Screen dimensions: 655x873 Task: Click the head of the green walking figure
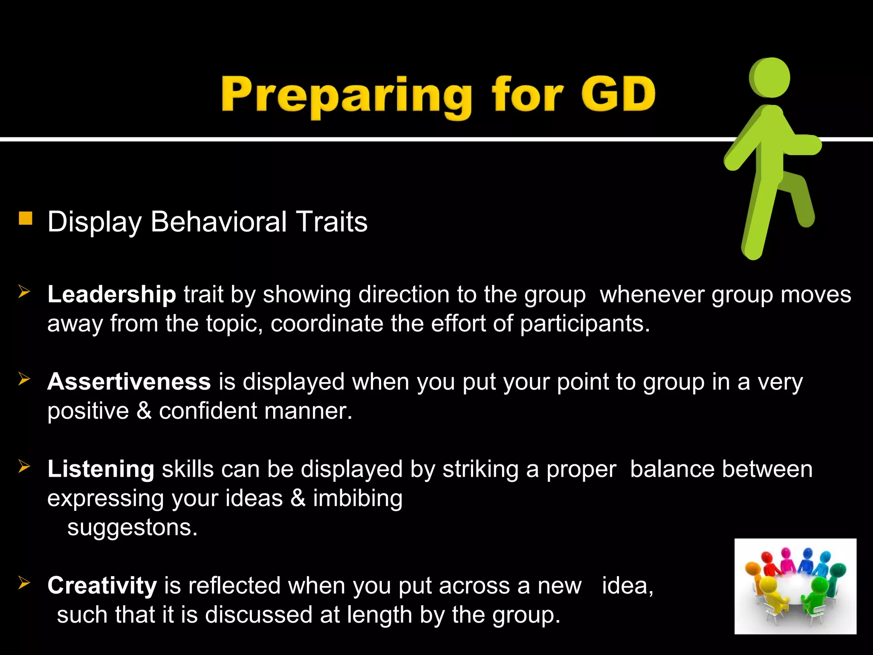pyautogui.click(x=770, y=78)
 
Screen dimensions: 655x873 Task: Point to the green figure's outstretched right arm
pyautogui.click(x=801, y=145)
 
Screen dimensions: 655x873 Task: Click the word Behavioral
pyautogui.click(x=218, y=222)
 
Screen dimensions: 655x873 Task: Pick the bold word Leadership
pyautogui.click(x=112, y=294)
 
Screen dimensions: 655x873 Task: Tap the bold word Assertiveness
pyautogui.click(x=129, y=381)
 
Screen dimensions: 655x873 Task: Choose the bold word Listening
pyautogui.click(x=101, y=469)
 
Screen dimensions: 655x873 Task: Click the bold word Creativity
pyautogui.click(x=102, y=585)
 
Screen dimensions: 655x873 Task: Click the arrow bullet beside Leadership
pyautogui.click(x=24, y=292)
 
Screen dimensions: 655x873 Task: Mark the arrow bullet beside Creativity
pyautogui.click(x=24, y=583)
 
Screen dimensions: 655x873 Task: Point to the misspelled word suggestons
pyautogui.click(x=132, y=527)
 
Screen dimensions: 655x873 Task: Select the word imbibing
pyautogui.click(x=358, y=498)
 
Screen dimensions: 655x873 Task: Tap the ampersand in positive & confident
pyautogui.click(x=144, y=411)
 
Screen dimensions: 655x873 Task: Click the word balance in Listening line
pyautogui.click(x=672, y=469)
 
